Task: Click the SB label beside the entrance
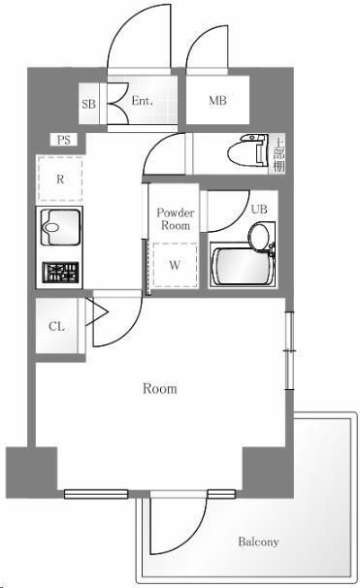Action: (89, 104)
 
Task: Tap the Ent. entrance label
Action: (142, 101)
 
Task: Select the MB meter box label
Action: (218, 100)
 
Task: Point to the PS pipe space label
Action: (64, 140)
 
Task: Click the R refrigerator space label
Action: (60, 180)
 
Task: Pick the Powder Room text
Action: (176, 219)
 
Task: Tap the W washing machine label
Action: (175, 265)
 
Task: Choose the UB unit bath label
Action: (259, 209)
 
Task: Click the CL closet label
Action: (56, 326)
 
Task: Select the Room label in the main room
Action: (160, 388)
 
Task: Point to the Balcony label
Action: (258, 541)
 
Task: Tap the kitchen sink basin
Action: (60, 227)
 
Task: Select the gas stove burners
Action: (60, 273)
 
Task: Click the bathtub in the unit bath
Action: (241, 267)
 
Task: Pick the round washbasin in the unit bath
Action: (259, 237)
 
